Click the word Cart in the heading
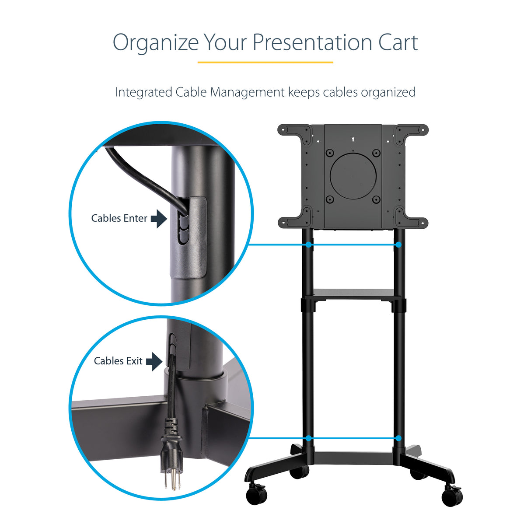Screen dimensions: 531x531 [x=398, y=42]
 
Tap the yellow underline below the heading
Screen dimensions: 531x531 [x=265, y=62]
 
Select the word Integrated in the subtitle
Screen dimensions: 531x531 [x=143, y=92]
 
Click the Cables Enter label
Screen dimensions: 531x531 [x=119, y=218]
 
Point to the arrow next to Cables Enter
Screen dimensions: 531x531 [x=159, y=218]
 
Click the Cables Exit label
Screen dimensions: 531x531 [x=118, y=361]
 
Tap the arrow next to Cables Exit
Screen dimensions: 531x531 [x=154, y=361]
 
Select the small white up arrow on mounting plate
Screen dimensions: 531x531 [x=353, y=140]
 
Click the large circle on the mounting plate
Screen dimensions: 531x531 [x=353, y=176]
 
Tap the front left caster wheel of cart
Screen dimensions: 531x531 [x=256, y=495]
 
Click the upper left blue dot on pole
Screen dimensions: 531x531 [x=309, y=245]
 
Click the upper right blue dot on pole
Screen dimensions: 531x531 [x=398, y=245]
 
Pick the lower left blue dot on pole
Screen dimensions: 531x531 [x=309, y=438]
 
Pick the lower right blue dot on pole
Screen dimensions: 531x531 [x=398, y=438]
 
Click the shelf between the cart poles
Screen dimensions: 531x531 [x=353, y=293]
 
